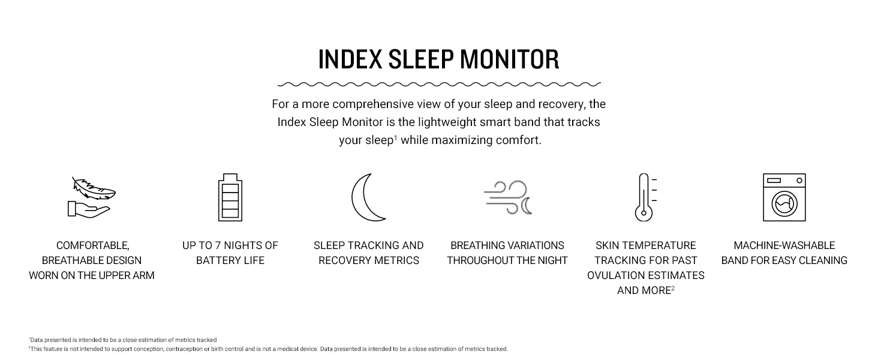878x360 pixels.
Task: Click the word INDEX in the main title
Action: click(x=350, y=59)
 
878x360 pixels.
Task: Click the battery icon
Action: click(x=230, y=197)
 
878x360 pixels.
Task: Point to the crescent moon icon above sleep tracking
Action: click(x=367, y=197)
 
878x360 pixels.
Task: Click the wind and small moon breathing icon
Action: click(x=507, y=197)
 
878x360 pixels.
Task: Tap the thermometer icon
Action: click(x=644, y=197)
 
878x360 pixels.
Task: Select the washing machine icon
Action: click(x=784, y=197)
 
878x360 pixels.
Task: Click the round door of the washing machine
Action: click(x=784, y=204)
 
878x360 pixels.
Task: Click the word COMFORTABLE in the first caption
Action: click(x=92, y=245)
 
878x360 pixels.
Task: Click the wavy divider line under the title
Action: click(x=439, y=84)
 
